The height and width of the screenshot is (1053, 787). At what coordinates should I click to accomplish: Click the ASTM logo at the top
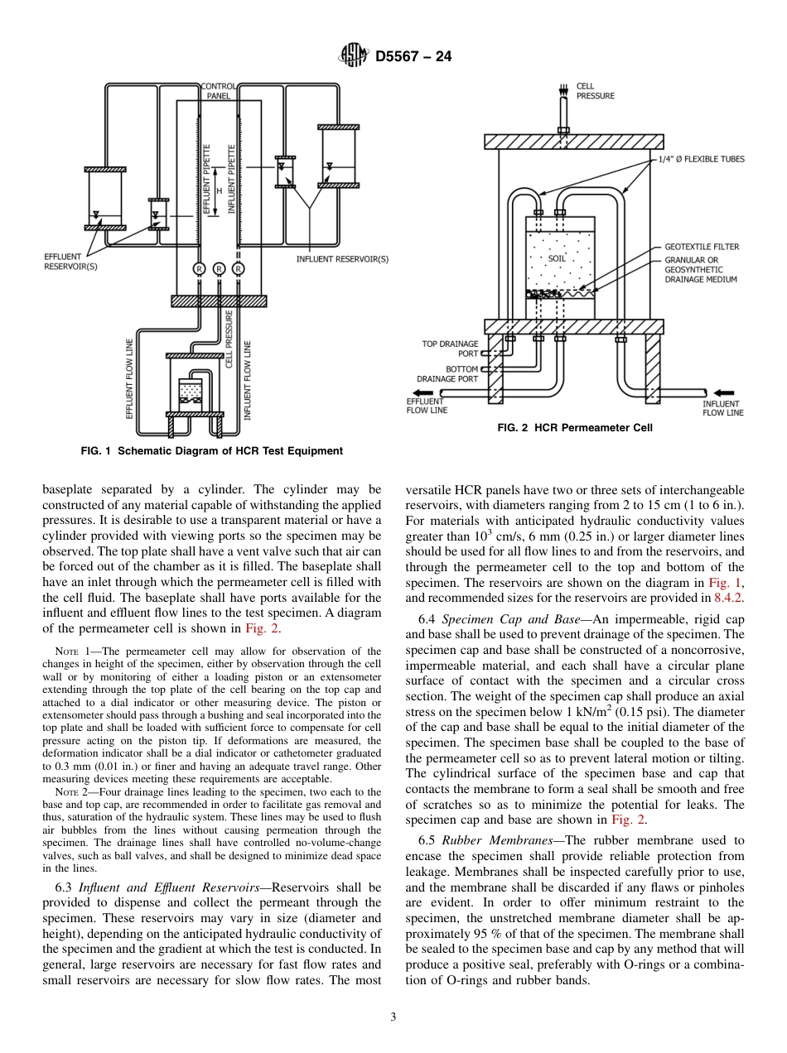tap(354, 56)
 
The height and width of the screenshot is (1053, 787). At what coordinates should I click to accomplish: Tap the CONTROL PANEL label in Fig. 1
tap(219, 90)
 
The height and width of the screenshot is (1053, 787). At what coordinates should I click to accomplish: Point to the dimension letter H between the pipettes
tap(219, 190)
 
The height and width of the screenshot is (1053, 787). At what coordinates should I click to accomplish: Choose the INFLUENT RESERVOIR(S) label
tap(342, 259)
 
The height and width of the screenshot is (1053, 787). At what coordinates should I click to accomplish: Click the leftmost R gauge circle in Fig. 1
tap(200, 268)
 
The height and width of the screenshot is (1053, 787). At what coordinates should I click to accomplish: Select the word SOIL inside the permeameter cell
tap(557, 258)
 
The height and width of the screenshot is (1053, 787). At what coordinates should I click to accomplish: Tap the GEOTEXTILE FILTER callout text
tap(702, 247)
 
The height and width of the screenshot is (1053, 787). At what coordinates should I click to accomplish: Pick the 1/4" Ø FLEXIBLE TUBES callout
tap(701, 159)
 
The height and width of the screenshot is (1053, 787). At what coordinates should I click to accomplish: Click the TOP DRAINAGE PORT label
tap(450, 349)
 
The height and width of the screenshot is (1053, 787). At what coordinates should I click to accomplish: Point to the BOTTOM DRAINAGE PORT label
tap(447, 374)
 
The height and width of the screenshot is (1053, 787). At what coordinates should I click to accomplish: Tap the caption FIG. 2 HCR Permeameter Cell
tap(574, 428)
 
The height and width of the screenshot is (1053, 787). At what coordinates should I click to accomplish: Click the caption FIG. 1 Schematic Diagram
tap(211, 451)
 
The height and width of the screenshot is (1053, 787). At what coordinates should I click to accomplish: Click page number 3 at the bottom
tap(393, 1017)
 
